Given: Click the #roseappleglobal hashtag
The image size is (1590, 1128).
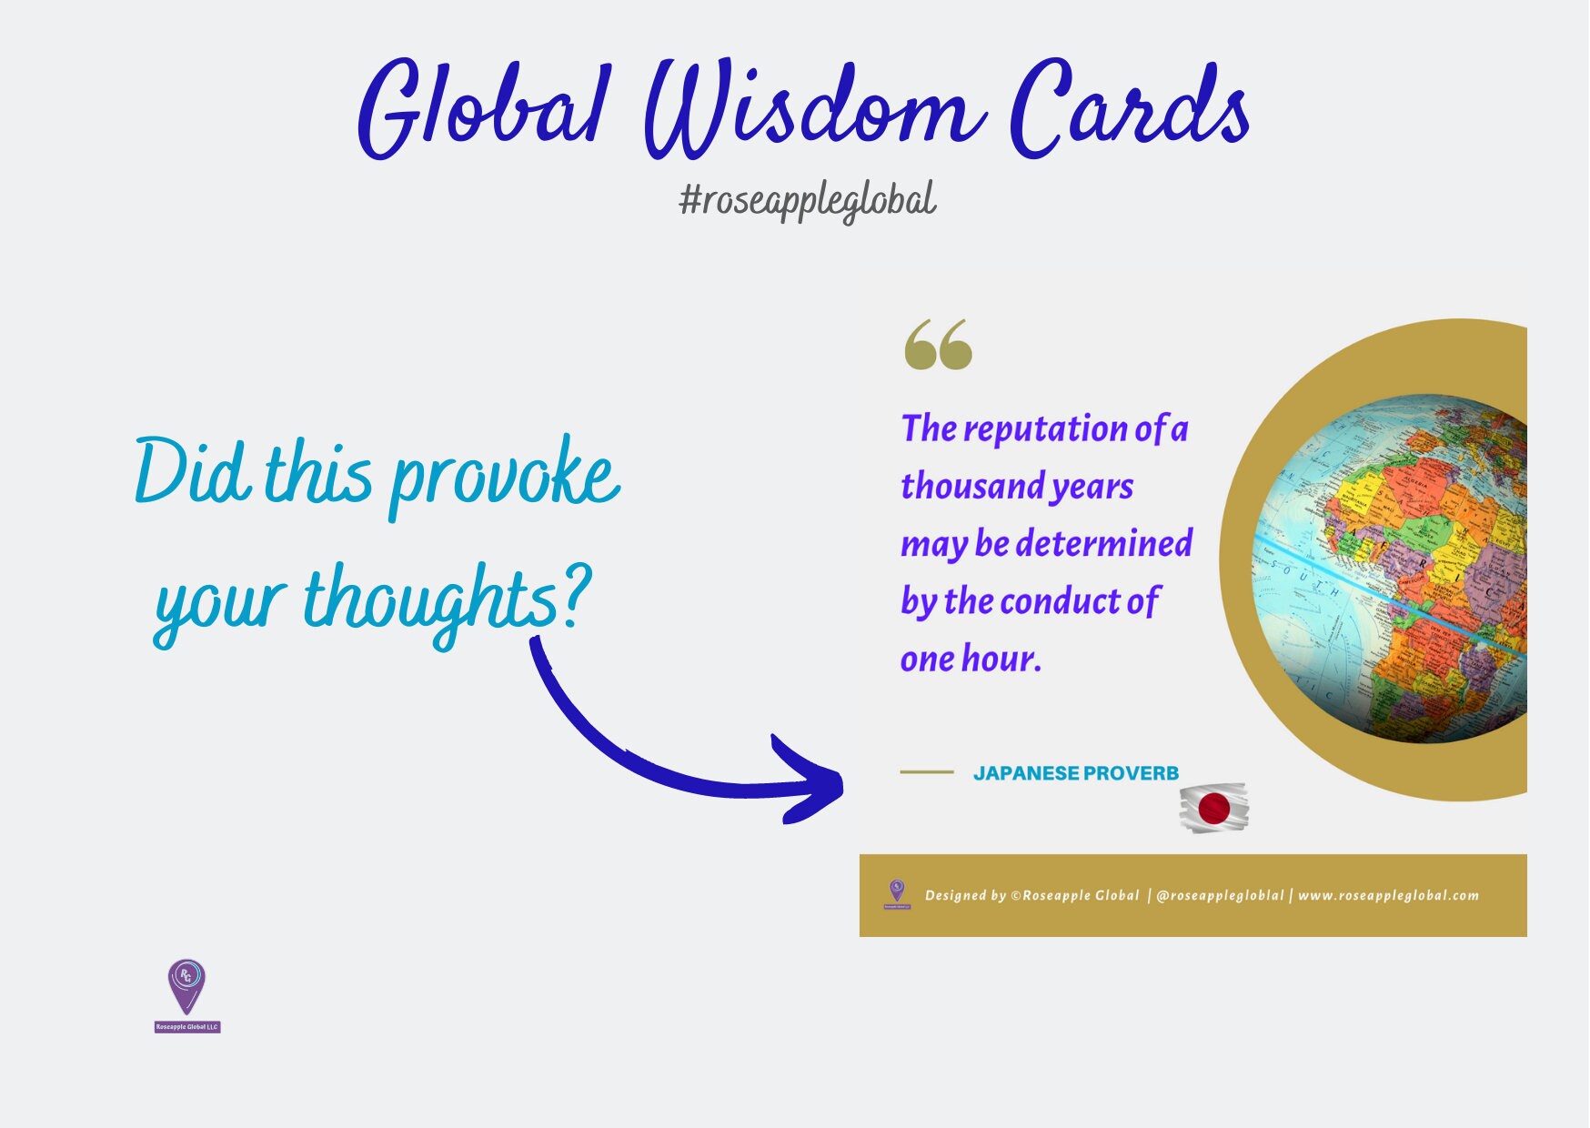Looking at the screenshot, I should [x=808, y=200].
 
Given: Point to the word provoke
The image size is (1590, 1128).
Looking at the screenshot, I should [x=505, y=478].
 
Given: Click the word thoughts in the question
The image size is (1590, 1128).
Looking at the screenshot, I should [x=429, y=600].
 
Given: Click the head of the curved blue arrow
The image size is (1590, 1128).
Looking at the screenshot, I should [x=810, y=781].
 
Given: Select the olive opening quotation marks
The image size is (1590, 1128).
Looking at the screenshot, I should [x=938, y=345].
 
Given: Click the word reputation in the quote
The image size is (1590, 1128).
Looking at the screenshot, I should [x=1045, y=428].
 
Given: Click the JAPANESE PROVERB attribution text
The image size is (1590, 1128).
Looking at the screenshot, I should [x=1075, y=773].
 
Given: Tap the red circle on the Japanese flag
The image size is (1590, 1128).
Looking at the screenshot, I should [x=1213, y=808].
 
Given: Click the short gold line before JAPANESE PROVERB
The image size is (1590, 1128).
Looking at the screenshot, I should [x=926, y=772].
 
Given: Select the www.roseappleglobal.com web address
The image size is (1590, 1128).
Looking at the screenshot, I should [x=1388, y=896].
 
